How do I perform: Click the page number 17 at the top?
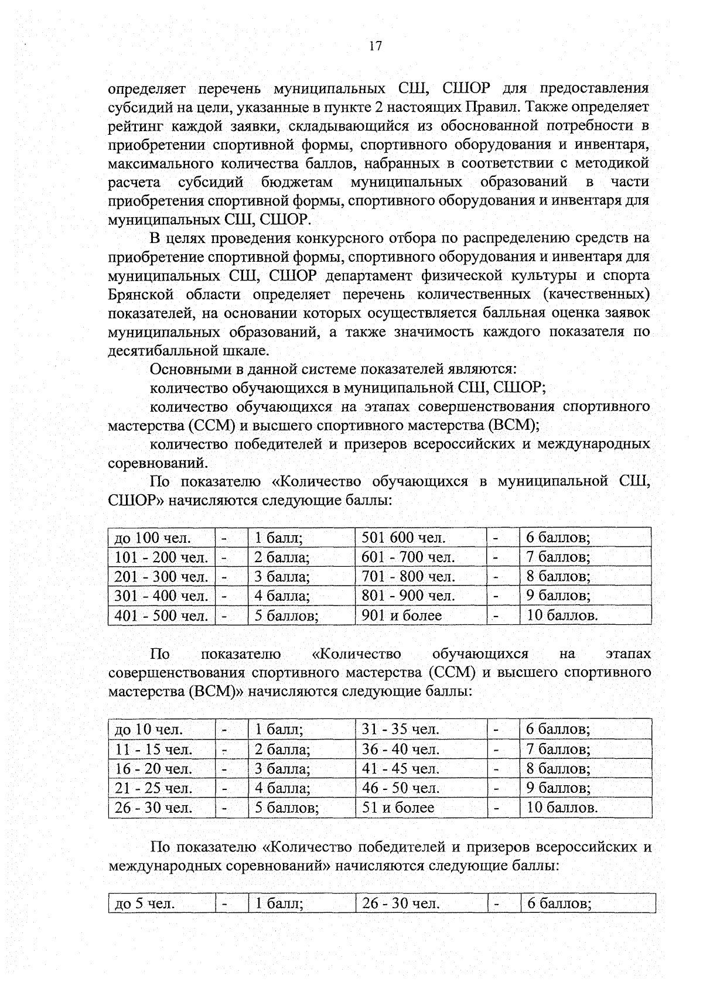(x=376, y=46)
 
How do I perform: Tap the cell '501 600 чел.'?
(x=403, y=538)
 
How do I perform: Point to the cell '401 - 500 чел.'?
(x=161, y=615)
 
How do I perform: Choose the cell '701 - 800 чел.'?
(x=408, y=576)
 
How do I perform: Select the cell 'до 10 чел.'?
(x=149, y=729)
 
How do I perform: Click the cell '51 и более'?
(x=398, y=807)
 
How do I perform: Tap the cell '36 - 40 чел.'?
(x=400, y=749)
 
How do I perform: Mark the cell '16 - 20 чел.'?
(x=153, y=768)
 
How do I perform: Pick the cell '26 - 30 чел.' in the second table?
(x=153, y=807)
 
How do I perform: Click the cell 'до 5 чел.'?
(x=145, y=904)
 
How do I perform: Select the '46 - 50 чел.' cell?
(x=400, y=788)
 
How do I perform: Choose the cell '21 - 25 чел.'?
(x=153, y=788)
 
